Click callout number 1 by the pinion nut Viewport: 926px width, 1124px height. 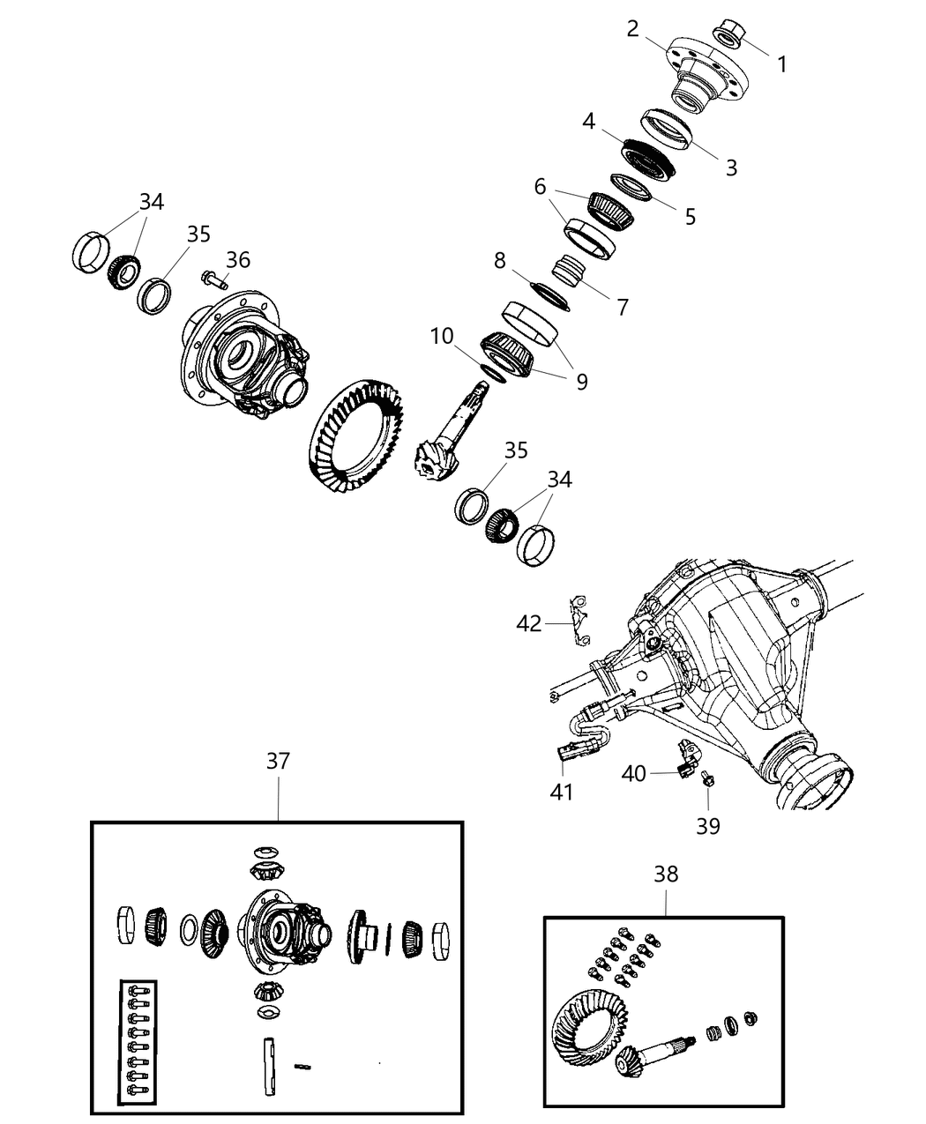(x=781, y=64)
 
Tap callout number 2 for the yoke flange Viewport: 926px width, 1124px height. (x=632, y=28)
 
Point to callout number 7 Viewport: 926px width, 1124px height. (x=623, y=307)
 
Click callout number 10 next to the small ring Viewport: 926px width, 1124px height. (x=442, y=336)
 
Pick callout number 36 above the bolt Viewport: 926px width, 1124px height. (x=238, y=259)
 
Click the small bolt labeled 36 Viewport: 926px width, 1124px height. (x=214, y=280)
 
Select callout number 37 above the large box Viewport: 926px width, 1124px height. (x=278, y=761)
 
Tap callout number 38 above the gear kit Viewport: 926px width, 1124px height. (x=666, y=874)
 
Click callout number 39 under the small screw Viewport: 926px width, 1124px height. (x=708, y=825)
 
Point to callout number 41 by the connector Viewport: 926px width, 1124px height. (x=562, y=792)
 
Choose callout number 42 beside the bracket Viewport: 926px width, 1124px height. (x=529, y=623)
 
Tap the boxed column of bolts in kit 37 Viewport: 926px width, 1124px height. (x=138, y=1041)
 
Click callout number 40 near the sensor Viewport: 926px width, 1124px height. (x=633, y=773)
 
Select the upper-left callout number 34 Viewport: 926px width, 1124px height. (x=152, y=202)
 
